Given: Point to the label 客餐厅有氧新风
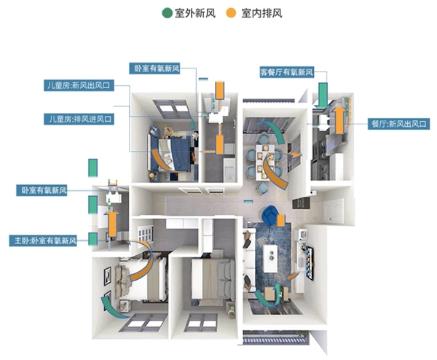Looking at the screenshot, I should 286,73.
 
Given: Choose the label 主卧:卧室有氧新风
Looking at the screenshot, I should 44,240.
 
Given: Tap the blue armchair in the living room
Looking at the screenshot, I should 269,216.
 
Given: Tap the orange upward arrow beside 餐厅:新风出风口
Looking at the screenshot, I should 339,117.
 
